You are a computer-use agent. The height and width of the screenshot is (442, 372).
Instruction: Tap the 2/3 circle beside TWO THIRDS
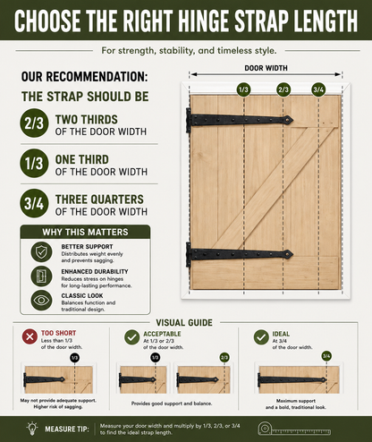point(34,123)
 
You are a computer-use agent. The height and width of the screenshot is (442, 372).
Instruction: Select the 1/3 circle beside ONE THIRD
point(34,164)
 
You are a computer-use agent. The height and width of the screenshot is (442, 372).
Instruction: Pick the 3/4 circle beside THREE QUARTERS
point(34,203)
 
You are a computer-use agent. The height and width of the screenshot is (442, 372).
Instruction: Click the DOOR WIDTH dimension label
point(266,68)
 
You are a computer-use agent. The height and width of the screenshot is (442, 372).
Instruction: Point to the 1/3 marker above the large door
point(243,89)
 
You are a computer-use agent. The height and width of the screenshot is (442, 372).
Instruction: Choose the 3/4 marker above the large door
point(318,89)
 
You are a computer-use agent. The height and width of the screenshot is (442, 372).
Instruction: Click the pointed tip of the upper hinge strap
point(292,120)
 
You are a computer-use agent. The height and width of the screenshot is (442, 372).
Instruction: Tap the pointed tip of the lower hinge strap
point(292,254)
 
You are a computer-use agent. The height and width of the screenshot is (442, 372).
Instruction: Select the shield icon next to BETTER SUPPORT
point(41,252)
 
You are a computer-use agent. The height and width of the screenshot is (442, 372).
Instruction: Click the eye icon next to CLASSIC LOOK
point(41,301)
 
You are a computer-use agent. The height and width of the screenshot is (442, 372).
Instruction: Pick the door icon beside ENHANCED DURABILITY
point(41,276)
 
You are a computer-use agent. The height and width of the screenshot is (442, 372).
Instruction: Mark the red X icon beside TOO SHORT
point(30,337)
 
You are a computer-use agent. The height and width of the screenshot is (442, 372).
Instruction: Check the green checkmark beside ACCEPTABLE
point(131,337)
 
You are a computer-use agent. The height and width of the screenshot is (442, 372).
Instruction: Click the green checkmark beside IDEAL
point(261,337)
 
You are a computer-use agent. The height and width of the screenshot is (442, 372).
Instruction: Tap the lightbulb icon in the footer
point(32,429)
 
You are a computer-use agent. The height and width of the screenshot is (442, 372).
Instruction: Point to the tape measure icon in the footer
point(294,429)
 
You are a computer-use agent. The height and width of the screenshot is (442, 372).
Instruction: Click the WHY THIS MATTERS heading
point(85,232)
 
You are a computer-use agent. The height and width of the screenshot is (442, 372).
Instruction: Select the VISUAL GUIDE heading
point(184,323)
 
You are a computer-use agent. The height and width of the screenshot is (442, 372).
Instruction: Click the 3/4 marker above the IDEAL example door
point(326,356)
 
